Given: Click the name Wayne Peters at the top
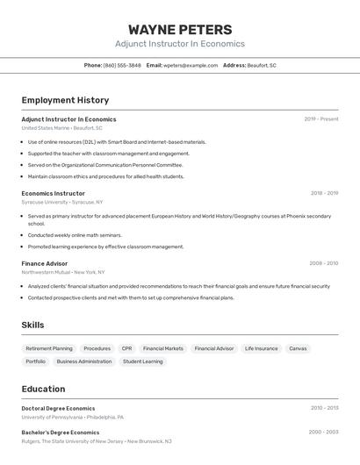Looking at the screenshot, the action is click(x=180, y=29).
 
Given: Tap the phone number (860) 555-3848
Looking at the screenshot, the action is click(x=122, y=65).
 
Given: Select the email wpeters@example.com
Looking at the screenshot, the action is click(x=191, y=65).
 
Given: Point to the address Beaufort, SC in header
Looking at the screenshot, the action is click(x=262, y=65).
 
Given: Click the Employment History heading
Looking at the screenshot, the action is click(x=65, y=100).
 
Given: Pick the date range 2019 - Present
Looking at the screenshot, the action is click(x=320, y=118).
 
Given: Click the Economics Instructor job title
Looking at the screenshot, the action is click(x=54, y=193).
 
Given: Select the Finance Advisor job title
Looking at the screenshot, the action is click(x=45, y=263).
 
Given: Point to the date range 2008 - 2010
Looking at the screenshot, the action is click(x=323, y=263).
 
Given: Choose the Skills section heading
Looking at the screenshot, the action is click(x=32, y=325).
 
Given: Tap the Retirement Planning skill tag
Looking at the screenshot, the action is click(x=49, y=348).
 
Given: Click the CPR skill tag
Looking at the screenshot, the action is click(x=126, y=348).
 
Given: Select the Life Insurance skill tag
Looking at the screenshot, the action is click(x=261, y=348).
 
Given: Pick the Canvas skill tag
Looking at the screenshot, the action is click(x=298, y=348).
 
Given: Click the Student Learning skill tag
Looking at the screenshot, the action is click(x=142, y=361).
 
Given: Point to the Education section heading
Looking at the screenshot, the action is click(x=43, y=389).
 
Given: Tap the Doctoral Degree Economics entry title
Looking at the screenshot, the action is click(x=58, y=408).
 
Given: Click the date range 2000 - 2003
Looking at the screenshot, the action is click(x=323, y=432).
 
